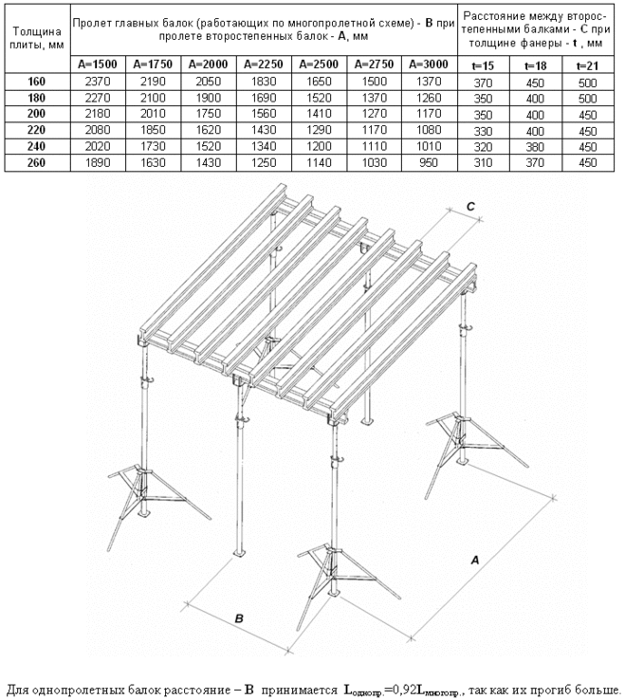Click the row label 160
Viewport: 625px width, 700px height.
tap(36, 82)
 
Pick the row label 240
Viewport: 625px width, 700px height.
tap(36, 148)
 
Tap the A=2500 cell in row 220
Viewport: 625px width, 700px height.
tap(321, 132)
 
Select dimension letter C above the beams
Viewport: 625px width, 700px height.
tap(469, 207)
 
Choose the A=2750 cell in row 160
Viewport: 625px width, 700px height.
tap(376, 82)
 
